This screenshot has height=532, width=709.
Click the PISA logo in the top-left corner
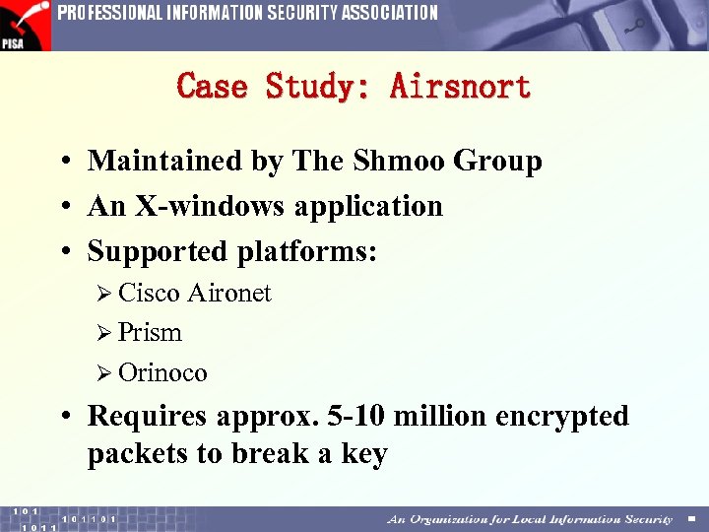click(25, 25)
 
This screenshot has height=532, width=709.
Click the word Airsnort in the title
click(461, 86)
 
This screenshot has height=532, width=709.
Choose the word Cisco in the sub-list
click(149, 293)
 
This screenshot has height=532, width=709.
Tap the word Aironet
click(228, 293)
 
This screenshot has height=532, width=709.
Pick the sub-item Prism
click(150, 333)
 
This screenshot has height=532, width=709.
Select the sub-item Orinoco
click(162, 372)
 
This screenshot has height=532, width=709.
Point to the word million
click(440, 416)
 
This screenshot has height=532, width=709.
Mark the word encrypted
click(562, 417)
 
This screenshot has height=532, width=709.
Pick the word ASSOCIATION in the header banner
click(390, 13)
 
